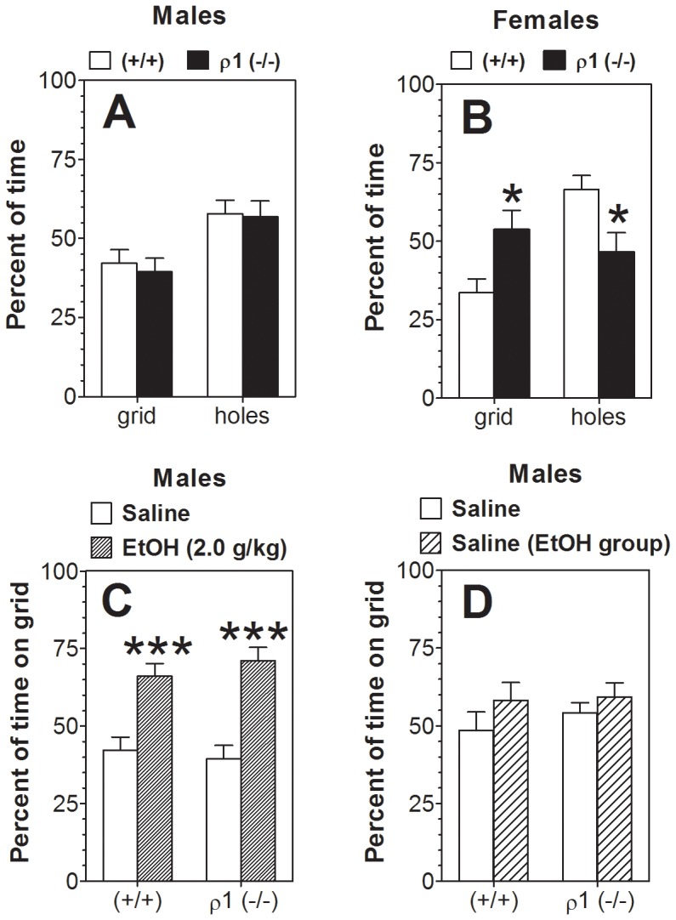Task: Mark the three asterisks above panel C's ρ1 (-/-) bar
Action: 254,633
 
